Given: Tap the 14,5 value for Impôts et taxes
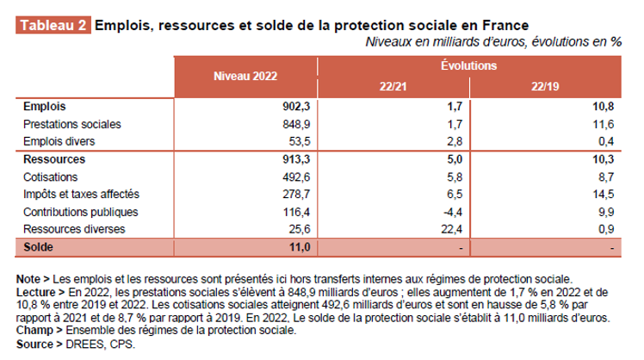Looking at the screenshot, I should click(608, 195).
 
